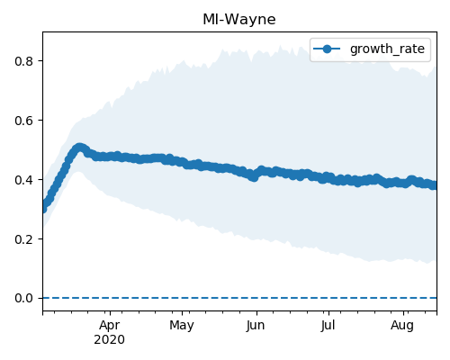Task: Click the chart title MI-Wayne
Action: (x=239, y=20)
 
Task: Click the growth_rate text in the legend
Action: (x=387, y=49)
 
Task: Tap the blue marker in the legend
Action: (x=327, y=49)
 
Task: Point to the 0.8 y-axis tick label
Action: (x=23, y=61)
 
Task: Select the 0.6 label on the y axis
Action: (x=23, y=121)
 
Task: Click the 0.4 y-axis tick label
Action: (x=23, y=180)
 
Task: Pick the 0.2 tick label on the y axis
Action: (x=23, y=239)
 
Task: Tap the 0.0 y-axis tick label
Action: (x=23, y=298)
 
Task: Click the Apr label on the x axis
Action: (x=110, y=326)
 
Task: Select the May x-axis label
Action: (x=182, y=326)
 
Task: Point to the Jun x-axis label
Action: (x=256, y=326)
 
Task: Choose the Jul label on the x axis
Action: (x=328, y=326)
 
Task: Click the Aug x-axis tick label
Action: (x=402, y=326)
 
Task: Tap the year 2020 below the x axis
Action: (x=109, y=340)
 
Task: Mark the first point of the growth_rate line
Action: (x=44, y=208)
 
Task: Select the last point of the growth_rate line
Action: (x=434, y=185)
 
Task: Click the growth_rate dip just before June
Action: (x=254, y=177)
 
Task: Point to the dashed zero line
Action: (x=239, y=298)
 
